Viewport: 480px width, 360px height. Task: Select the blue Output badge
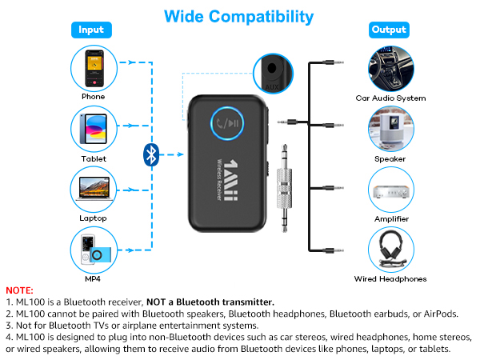click(389, 30)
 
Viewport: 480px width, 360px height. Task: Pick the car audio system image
click(390, 67)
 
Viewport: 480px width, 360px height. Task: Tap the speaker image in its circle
click(390, 128)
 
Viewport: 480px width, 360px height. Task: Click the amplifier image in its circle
click(390, 189)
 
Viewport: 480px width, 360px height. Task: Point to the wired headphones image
click(390, 249)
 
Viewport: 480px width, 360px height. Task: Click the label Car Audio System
click(390, 98)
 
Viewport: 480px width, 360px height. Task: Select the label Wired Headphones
click(390, 279)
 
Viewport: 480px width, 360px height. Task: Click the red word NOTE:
click(19, 290)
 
